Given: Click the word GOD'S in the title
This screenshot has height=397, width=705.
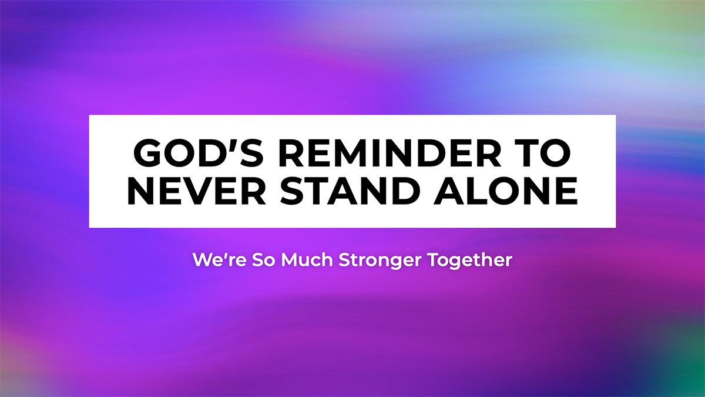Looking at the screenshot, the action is (199, 153).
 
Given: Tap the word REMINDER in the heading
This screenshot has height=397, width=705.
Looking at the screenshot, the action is (390, 153).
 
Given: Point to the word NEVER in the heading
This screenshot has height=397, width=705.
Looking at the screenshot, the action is (197, 191).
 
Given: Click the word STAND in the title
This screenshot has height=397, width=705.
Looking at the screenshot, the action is (350, 191).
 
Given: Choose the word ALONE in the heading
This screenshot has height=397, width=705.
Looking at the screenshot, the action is (505, 191).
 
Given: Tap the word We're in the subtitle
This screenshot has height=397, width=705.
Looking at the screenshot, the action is (219, 260).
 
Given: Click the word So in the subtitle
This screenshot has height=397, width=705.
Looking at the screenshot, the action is (263, 260).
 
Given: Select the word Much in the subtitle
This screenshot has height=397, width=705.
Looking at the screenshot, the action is (307, 260).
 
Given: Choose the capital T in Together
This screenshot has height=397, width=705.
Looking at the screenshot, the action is (434, 260).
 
